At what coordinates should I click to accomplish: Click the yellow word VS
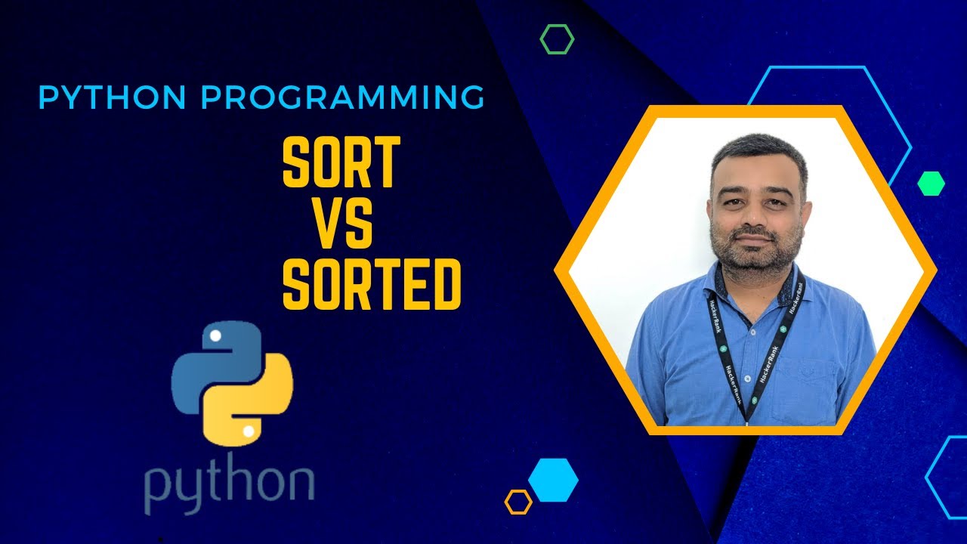point(342,226)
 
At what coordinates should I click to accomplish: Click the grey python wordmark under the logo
point(229,484)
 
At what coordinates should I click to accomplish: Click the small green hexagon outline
point(557,39)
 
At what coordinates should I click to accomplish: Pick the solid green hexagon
point(931,184)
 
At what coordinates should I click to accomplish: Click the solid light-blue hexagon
point(553,480)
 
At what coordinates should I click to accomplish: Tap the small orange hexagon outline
point(518,502)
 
